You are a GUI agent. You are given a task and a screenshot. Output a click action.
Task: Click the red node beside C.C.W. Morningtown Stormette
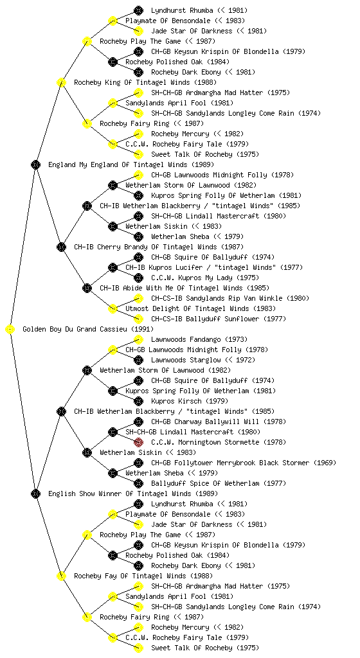point(138,442)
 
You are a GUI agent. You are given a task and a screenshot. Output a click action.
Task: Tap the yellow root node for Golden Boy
point(10,330)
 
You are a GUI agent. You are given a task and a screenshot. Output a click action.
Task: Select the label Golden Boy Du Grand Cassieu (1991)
point(88,330)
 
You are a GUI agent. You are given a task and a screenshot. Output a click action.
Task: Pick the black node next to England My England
point(35,165)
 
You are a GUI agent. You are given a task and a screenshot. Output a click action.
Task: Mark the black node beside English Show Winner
point(35,494)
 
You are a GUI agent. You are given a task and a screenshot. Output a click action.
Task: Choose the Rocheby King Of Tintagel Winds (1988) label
point(145,83)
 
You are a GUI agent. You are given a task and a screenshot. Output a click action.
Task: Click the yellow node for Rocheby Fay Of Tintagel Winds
point(61,576)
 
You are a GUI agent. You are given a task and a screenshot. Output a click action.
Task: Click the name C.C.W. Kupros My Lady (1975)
point(205,278)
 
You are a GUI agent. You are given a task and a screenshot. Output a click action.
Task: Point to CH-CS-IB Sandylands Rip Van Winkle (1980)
point(230,298)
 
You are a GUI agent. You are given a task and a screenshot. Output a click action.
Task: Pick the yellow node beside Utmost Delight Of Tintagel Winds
point(113,309)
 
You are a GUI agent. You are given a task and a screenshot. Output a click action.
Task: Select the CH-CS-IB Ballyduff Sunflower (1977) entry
point(219,319)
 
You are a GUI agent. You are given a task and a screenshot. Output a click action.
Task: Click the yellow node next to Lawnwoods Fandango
point(138,339)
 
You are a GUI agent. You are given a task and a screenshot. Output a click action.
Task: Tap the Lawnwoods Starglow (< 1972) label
point(203,360)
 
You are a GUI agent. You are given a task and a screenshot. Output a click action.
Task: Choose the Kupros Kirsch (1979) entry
point(190,401)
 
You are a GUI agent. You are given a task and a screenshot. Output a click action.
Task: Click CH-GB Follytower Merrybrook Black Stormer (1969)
point(244,463)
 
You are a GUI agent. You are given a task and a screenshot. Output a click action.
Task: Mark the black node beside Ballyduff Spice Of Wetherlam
point(138,483)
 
